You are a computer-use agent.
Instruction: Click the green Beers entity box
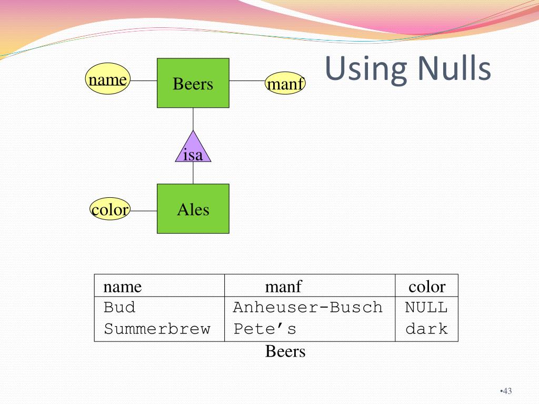193,83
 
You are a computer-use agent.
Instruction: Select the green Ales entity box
193,209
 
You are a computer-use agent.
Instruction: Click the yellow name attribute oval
107,80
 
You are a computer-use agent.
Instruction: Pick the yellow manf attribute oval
285,84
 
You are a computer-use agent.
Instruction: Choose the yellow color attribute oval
109,210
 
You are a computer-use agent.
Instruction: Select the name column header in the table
123,287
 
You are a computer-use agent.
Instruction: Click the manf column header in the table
283,287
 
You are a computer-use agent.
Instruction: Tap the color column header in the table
426,287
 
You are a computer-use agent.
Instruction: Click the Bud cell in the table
119,307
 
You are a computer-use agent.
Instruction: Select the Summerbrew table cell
157,329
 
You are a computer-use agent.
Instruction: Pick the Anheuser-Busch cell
308,307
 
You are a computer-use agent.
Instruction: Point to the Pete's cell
265,329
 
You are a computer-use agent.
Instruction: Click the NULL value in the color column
426,307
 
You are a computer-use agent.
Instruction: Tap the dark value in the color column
426,329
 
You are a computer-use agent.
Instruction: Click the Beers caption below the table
285,351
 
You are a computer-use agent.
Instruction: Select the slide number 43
507,391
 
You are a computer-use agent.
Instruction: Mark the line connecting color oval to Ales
143,211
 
